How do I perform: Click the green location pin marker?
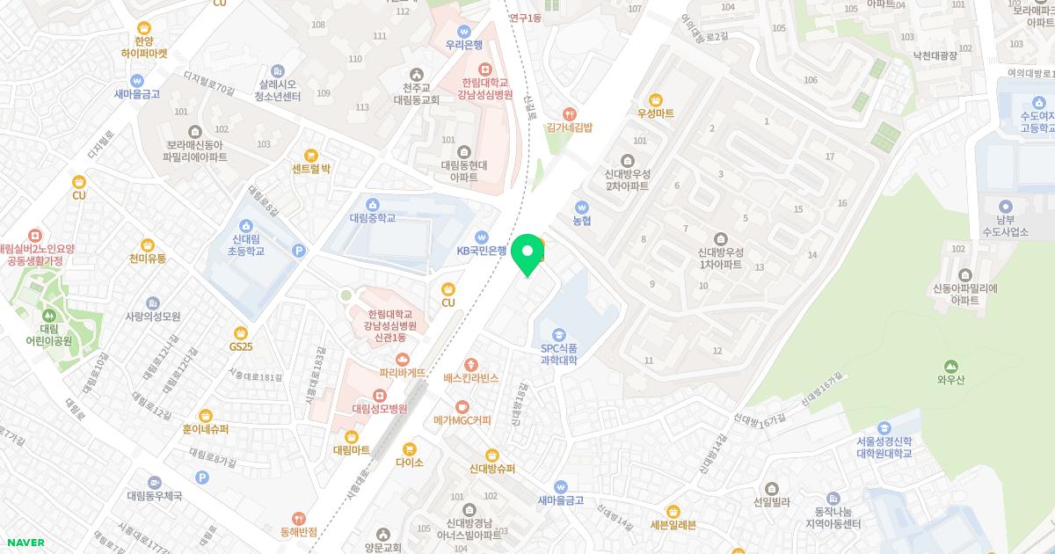point(527,253)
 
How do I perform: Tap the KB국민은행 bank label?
point(481,251)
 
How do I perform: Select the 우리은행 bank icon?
point(463,32)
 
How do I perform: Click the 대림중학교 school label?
point(373,218)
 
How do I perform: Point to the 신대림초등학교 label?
point(247,245)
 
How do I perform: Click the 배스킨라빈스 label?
point(471,377)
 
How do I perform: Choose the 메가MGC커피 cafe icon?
point(462,406)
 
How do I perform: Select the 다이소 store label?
point(410,462)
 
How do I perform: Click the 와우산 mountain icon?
point(949,366)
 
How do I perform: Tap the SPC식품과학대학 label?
point(558,354)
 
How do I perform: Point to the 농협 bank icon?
point(581,207)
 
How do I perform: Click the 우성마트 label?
point(656,113)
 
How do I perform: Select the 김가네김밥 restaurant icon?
point(570,113)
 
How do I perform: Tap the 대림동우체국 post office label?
point(154,496)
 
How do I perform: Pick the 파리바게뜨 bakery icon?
point(403,359)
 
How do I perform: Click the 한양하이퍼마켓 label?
point(144,47)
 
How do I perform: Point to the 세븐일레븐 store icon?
point(673,511)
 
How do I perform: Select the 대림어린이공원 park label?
point(48,333)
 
